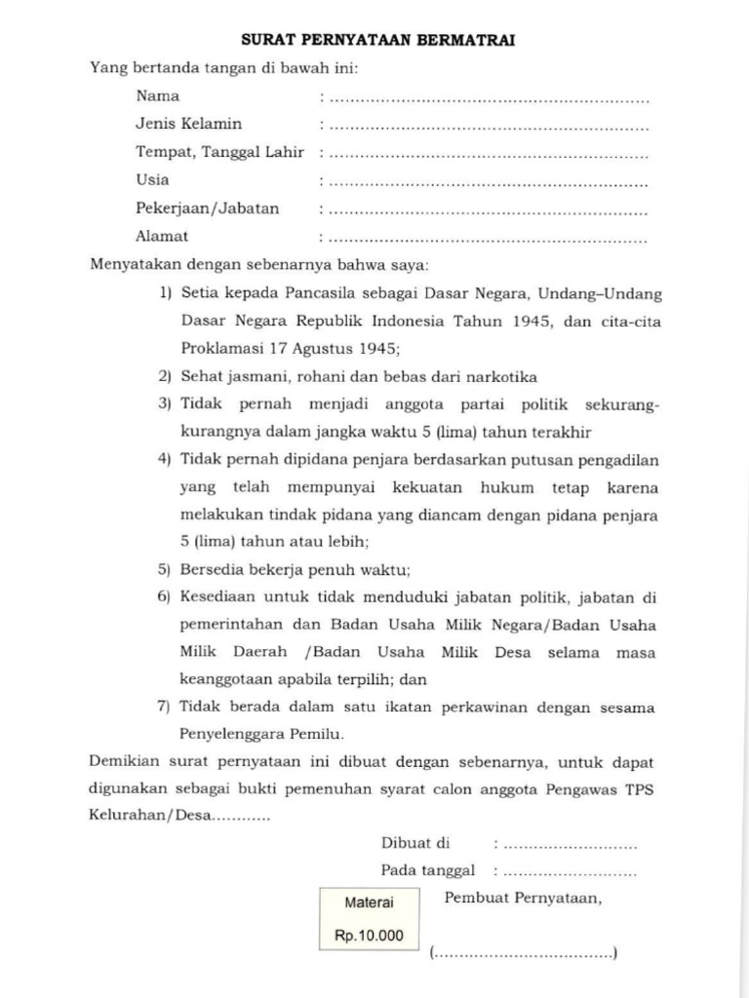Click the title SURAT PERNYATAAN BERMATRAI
(x=377, y=41)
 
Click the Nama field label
(x=157, y=96)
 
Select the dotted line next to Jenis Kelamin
(x=488, y=126)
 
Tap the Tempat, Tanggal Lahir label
(x=219, y=152)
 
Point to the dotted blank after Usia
(x=488, y=182)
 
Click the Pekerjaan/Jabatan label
(x=207, y=208)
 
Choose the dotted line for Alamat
(x=488, y=238)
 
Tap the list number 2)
(x=164, y=376)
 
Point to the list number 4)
(x=164, y=459)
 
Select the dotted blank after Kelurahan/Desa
(x=242, y=817)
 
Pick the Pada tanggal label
(x=427, y=870)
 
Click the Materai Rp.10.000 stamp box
(x=369, y=919)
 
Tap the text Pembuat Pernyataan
(x=523, y=899)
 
